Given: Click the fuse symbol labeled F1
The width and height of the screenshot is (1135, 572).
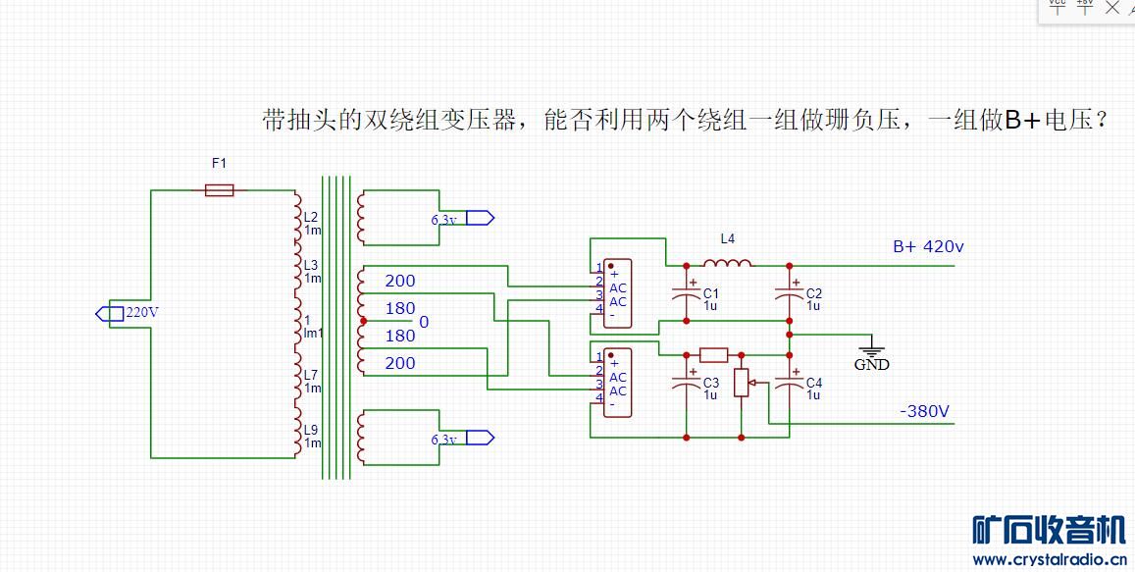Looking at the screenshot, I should click(x=219, y=189).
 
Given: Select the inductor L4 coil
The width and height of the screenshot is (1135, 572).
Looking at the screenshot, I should click(x=727, y=263).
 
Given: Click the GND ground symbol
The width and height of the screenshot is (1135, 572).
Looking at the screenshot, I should click(x=871, y=352).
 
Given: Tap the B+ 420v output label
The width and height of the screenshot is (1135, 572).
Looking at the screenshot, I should click(x=927, y=246).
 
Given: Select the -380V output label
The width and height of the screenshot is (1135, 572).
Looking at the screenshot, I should click(x=924, y=411).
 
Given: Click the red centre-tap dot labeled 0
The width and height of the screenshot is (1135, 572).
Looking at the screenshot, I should click(x=364, y=321).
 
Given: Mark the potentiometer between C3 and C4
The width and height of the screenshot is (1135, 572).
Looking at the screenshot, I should click(x=741, y=382).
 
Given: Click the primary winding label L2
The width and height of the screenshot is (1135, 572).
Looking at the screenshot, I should click(x=310, y=216).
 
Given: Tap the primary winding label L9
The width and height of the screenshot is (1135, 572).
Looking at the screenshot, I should click(x=310, y=429).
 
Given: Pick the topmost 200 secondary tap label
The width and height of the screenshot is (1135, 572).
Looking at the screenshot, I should click(x=399, y=281).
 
